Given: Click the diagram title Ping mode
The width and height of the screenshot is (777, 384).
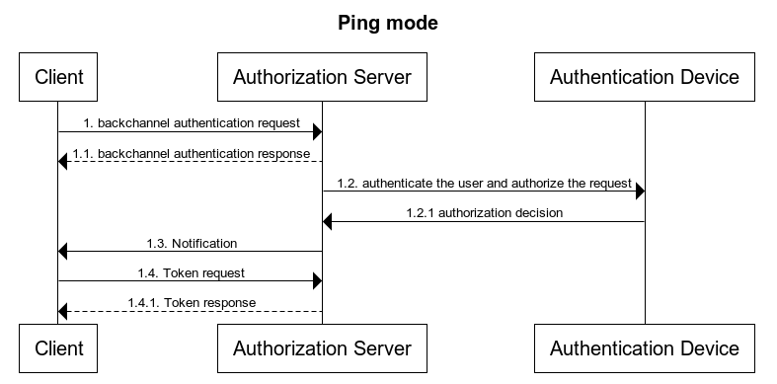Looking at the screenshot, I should click(388, 23).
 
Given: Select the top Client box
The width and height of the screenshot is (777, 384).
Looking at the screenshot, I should click(58, 76).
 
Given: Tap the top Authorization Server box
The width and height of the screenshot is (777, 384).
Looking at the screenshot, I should click(322, 76).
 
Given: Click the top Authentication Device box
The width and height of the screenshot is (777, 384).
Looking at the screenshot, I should click(644, 76).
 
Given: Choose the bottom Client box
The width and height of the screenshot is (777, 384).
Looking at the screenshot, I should click(58, 347).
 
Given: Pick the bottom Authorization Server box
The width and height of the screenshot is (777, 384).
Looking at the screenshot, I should click(322, 347).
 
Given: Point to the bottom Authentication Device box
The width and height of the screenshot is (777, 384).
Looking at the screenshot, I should click(644, 347).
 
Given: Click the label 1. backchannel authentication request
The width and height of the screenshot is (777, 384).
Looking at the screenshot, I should click(190, 124).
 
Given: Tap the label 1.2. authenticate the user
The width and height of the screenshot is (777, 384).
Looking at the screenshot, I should click(483, 184).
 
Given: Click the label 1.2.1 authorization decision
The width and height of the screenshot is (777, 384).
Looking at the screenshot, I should click(484, 213).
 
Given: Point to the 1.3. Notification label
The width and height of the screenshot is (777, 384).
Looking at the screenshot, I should click(191, 243).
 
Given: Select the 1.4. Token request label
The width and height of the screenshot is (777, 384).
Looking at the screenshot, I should click(191, 272).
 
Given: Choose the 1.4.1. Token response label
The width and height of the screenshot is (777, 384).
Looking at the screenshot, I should click(191, 302).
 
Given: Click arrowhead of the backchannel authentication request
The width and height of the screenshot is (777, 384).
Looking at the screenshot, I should click(317, 132).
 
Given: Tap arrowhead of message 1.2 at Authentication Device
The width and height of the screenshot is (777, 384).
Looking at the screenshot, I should click(639, 192).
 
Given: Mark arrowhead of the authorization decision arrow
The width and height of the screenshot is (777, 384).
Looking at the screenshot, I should click(329, 221).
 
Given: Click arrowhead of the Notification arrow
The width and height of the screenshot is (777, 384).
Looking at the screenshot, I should click(64, 251).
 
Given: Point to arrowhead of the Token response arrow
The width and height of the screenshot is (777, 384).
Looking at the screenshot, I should click(64, 310).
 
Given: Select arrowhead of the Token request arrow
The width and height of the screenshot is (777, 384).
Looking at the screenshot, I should click(317, 280).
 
